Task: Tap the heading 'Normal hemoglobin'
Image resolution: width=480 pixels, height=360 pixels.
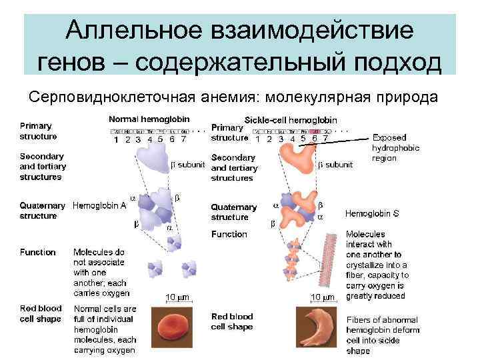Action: (x=149, y=119)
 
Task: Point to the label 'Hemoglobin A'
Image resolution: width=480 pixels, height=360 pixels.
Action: (x=99, y=205)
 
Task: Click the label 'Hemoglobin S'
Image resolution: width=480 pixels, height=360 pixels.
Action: (x=372, y=214)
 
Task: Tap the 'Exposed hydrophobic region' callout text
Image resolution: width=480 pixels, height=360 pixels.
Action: (x=395, y=148)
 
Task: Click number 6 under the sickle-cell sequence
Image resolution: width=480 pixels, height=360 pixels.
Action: (x=315, y=139)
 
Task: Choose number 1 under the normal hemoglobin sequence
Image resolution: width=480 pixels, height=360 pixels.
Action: (x=115, y=140)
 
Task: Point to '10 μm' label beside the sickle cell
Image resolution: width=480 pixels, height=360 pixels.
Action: (x=323, y=297)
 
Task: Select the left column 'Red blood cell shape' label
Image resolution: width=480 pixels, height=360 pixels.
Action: (x=41, y=313)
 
